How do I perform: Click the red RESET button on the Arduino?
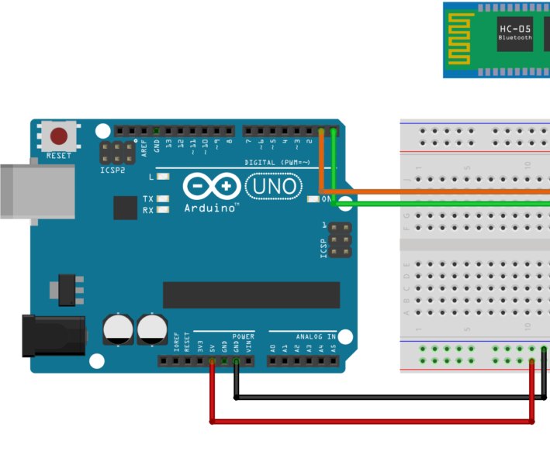coord(59,137)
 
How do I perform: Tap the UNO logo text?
coord(272,186)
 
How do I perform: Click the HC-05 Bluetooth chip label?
coord(515,33)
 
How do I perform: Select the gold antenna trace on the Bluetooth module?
coord(461,39)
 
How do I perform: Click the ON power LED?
coord(313,199)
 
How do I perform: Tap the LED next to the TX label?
coord(163,199)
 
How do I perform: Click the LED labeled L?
coord(163,177)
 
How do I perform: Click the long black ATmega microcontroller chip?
coord(251,294)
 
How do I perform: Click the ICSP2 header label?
coord(112,169)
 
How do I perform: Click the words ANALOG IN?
coord(315,337)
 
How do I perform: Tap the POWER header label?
coord(243,337)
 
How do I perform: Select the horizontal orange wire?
coord(434,191)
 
